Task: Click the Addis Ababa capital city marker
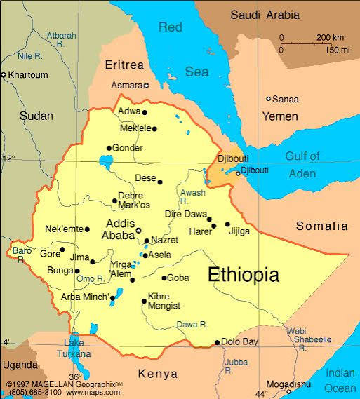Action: click(x=138, y=230)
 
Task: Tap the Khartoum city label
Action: click(x=27, y=74)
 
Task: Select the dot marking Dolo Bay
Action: click(x=218, y=342)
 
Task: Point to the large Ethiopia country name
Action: click(x=243, y=274)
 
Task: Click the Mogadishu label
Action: click(x=288, y=384)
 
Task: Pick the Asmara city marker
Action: click(x=147, y=86)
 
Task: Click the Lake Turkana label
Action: click(x=74, y=348)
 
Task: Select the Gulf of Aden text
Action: click(x=302, y=164)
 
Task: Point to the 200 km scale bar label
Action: click(x=329, y=37)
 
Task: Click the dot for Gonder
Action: click(x=109, y=148)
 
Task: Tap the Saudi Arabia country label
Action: click(x=265, y=15)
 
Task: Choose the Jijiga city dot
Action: click(x=227, y=224)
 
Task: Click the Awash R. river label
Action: click(x=192, y=196)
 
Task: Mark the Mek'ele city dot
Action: click(x=154, y=128)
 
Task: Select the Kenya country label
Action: click(x=157, y=374)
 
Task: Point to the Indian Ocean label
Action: click(x=340, y=381)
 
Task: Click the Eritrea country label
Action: click(x=124, y=65)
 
